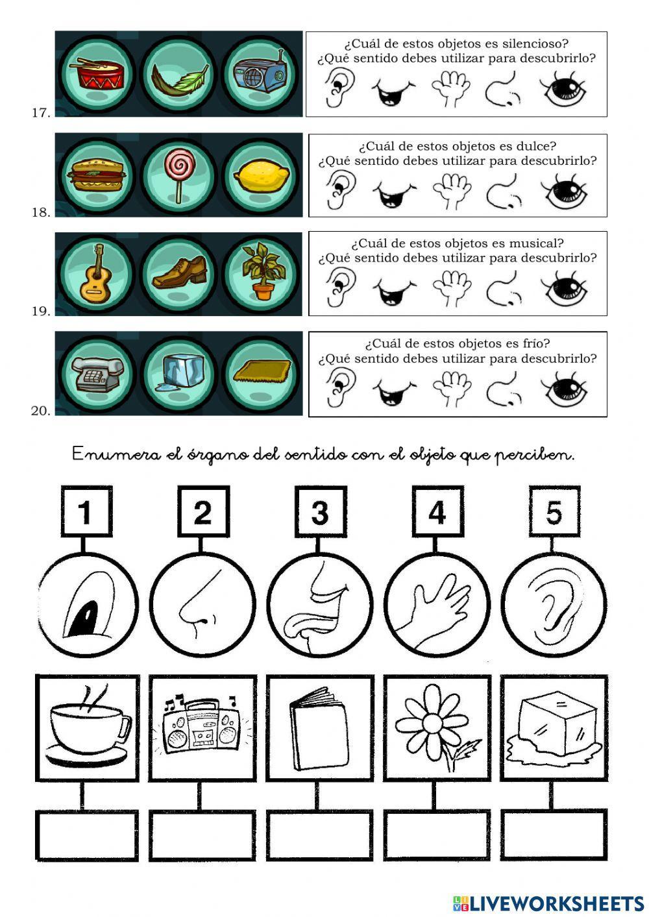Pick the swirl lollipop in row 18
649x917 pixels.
point(179,175)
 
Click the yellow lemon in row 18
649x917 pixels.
point(261,177)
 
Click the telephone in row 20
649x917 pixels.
point(97,373)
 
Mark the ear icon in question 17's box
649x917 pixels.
point(339,88)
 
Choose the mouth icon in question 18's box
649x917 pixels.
point(395,196)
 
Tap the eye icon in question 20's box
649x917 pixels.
point(564,389)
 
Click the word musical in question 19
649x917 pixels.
point(536,243)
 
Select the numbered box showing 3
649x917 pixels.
point(321,512)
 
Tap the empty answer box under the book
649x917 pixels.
point(320,835)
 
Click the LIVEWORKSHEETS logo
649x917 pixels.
point(548,904)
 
